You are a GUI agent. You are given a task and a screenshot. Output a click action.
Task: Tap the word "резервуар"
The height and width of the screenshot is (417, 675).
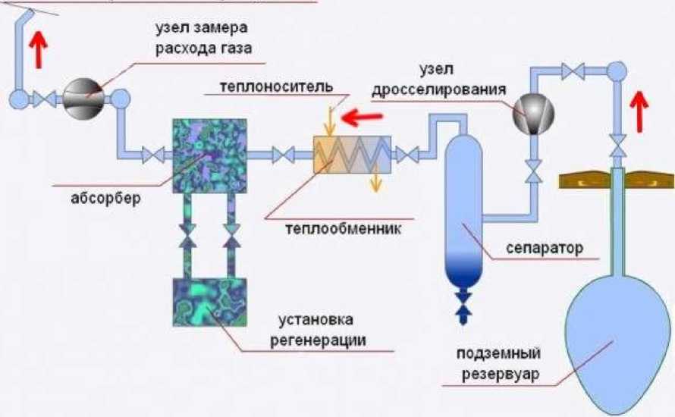(498, 375)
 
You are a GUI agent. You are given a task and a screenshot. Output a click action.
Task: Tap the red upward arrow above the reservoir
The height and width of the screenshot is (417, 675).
(642, 108)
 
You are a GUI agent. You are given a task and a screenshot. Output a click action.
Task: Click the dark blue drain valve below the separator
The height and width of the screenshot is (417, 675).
(462, 303)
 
